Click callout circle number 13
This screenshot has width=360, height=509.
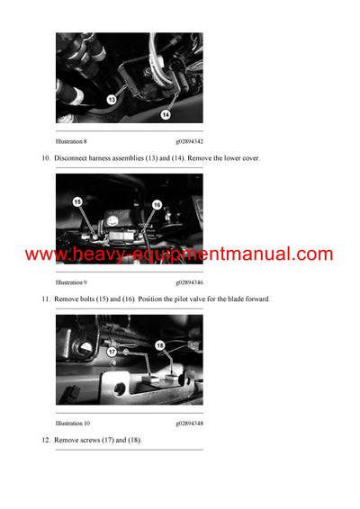pyautogui.click(x=112, y=100)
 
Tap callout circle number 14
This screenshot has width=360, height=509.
pyautogui.click(x=166, y=114)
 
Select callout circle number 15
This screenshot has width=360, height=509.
pyautogui.click(x=77, y=202)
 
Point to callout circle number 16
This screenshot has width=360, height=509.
pyautogui.click(x=156, y=205)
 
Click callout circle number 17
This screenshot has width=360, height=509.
pyautogui.click(x=112, y=353)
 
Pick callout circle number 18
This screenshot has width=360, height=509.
pyautogui.click(x=160, y=344)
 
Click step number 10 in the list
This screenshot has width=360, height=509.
pyautogui.click(x=46, y=158)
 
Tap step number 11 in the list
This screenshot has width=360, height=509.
pyautogui.click(x=46, y=299)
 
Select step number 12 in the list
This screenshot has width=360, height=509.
pyautogui.click(x=46, y=440)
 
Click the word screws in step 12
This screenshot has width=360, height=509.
pyautogui.click(x=90, y=440)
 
